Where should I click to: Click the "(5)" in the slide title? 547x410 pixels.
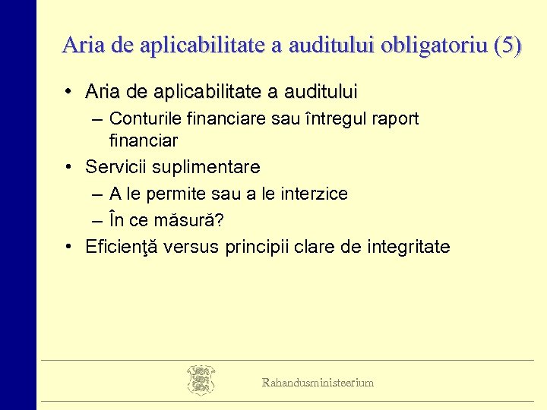507,46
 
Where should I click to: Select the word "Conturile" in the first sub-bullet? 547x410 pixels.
143,119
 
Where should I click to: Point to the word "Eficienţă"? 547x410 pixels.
121,248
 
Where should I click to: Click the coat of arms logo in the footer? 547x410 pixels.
201,380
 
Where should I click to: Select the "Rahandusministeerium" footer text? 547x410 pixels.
318,383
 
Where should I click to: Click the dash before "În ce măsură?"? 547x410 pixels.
96,221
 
